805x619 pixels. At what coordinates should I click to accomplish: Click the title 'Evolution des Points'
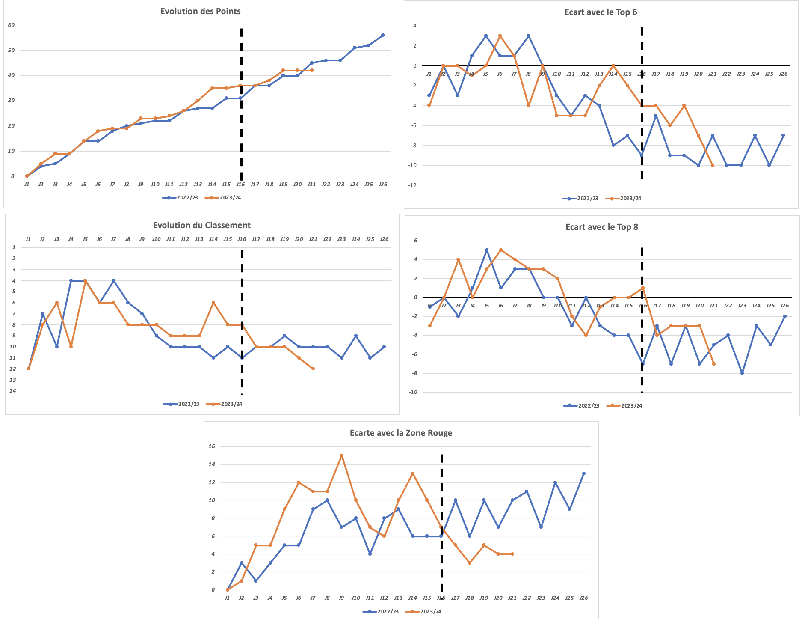tap(200, 12)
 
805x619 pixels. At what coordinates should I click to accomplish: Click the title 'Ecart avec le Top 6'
tap(601, 12)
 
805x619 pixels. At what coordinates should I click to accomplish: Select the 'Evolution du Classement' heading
tap(201, 226)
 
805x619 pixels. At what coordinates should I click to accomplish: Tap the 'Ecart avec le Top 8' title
tap(601, 227)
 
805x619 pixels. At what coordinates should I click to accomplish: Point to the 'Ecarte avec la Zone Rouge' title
tap(401, 433)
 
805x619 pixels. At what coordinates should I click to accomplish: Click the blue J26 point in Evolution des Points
tap(382, 35)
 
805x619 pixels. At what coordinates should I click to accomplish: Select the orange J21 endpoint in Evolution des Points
tap(311, 70)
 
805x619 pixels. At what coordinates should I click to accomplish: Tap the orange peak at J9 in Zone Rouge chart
tap(341, 455)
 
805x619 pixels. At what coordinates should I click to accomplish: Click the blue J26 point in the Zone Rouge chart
tap(583, 473)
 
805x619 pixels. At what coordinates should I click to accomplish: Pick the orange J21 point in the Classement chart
tap(313, 369)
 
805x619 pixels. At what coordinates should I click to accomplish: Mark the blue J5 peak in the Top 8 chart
tap(486, 250)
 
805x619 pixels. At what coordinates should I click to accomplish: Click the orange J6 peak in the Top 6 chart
tap(500, 36)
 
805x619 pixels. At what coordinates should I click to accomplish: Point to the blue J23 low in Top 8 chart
tap(742, 373)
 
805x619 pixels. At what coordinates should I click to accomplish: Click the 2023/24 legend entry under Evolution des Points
tap(230, 198)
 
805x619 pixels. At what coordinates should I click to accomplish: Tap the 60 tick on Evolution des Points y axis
tap(11, 25)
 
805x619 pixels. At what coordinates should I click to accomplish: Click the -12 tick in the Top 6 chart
tap(412, 185)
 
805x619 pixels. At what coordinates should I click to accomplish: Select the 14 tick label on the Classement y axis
tap(13, 391)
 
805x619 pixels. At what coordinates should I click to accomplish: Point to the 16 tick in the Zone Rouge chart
tap(211, 446)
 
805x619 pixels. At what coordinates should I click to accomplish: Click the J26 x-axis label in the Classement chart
tap(384, 239)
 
